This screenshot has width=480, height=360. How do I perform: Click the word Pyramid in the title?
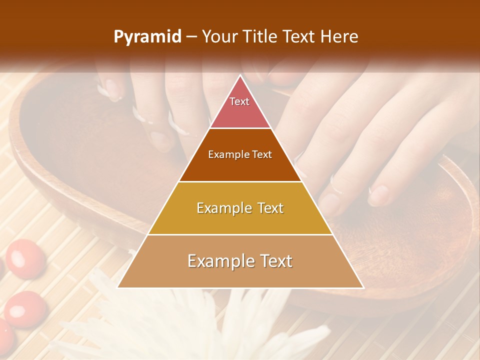pos(147,37)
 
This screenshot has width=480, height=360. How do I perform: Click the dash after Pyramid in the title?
pos(191,37)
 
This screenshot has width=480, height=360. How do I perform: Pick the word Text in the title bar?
pos(300,37)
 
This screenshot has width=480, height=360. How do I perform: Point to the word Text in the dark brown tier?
pos(262,155)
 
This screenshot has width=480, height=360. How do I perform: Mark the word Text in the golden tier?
pos(269,208)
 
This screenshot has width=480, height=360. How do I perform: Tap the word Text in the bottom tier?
pos(276,261)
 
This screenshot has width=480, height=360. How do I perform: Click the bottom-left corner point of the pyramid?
pos(117,287)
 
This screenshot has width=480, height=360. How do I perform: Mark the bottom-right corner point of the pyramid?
pos(363,287)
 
